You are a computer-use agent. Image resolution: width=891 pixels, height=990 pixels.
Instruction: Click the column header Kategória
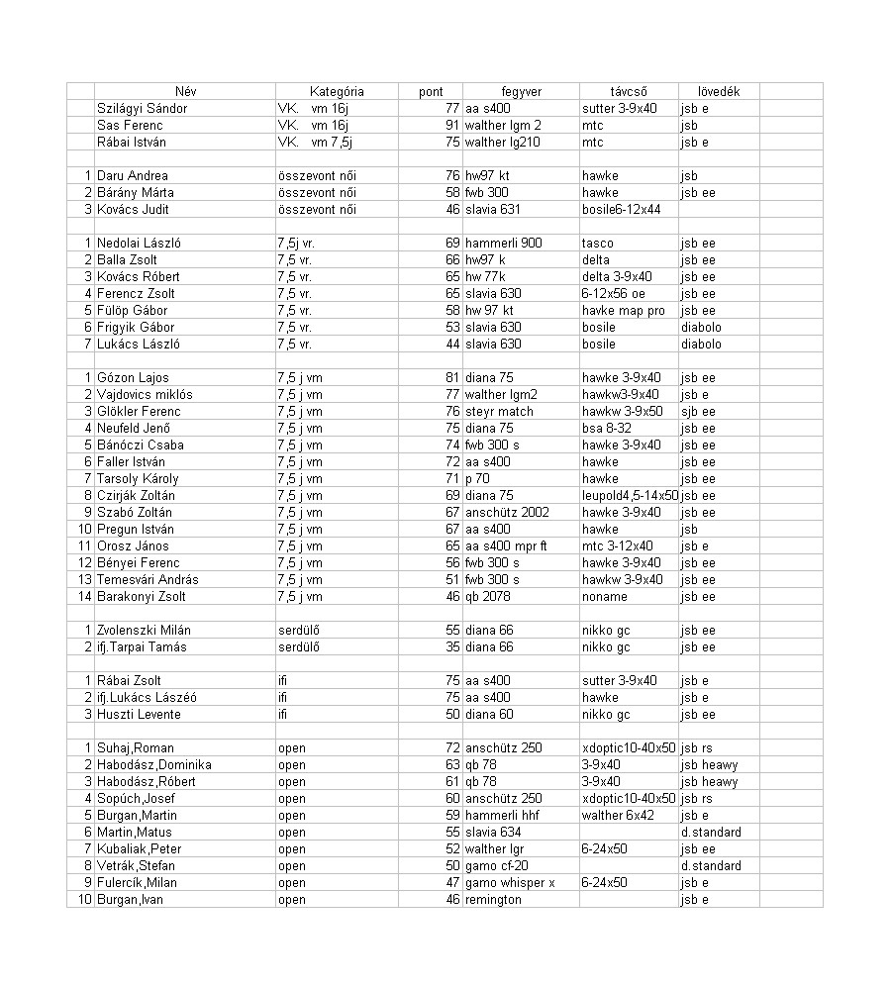(x=337, y=91)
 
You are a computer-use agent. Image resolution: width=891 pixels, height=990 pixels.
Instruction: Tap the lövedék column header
(x=711, y=91)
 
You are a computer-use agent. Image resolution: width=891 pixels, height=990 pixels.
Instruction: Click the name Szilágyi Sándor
(x=142, y=108)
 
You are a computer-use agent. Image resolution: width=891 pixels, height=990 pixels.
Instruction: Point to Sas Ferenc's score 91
(x=452, y=125)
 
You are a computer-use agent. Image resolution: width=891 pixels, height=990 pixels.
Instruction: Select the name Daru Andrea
(x=133, y=175)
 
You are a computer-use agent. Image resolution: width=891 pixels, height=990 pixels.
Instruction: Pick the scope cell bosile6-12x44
(x=622, y=209)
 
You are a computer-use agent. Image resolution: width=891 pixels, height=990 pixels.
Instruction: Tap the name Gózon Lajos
(x=133, y=377)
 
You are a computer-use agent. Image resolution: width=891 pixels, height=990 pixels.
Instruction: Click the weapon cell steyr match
(x=499, y=411)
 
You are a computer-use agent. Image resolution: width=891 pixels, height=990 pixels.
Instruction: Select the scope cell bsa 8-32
(x=607, y=428)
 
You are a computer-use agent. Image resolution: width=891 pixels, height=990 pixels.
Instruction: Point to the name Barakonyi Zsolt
(x=142, y=596)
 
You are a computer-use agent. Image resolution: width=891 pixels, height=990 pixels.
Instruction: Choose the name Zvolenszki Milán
(x=145, y=630)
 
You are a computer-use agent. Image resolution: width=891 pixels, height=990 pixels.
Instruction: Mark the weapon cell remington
(x=493, y=899)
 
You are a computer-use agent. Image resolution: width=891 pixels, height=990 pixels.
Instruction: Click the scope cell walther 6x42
(x=618, y=815)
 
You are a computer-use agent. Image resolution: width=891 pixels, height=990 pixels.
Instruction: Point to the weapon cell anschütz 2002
(x=507, y=512)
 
